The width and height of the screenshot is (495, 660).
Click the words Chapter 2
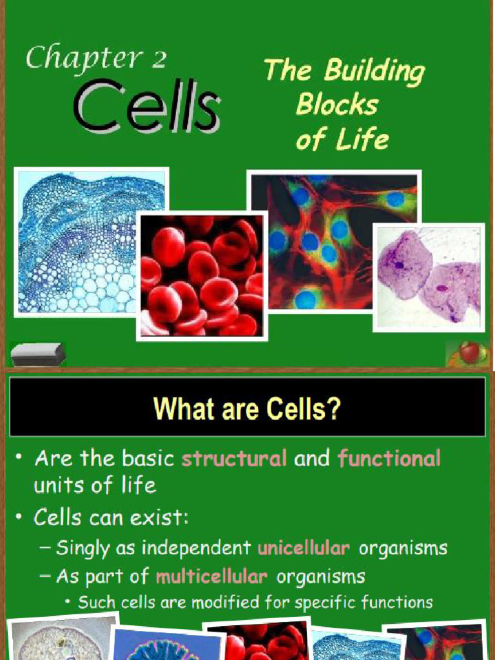[96, 59]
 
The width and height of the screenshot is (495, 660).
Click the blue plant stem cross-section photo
[91, 242]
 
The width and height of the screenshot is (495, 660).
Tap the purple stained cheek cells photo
[428, 277]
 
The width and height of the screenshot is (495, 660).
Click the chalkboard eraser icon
[38, 354]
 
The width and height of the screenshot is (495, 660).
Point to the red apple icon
[469, 353]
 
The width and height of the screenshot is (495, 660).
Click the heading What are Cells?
[246, 409]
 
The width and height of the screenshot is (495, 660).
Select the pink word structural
[234, 459]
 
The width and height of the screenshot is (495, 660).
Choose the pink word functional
[389, 459]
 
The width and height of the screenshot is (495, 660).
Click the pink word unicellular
[304, 548]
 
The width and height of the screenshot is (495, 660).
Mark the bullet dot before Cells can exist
[21, 516]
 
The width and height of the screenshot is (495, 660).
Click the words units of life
[95, 485]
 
